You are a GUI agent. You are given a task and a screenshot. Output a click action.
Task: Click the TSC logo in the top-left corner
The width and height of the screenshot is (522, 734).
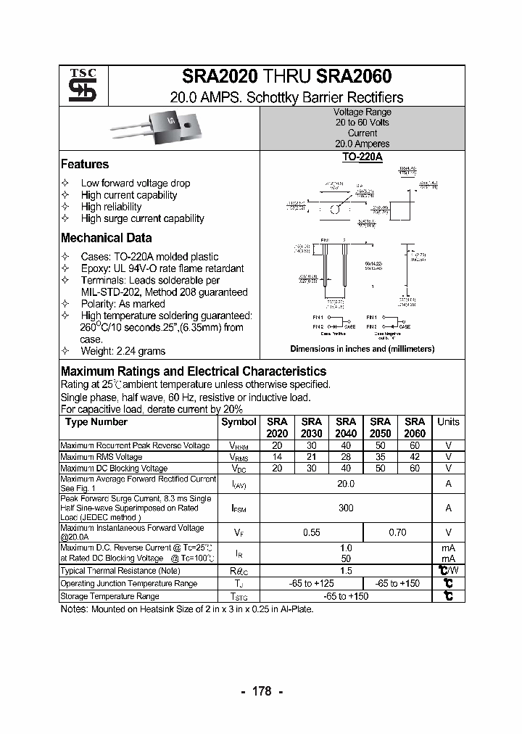(78, 86)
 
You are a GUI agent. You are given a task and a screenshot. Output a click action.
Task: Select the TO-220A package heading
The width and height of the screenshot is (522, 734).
(362, 156)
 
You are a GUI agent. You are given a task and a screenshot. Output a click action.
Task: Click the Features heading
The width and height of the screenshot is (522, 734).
(85, 165)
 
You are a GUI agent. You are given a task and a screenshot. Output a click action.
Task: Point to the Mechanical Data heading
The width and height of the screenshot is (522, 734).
(107, 238)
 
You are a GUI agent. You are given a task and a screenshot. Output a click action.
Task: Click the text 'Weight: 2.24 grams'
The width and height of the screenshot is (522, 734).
(123, 351)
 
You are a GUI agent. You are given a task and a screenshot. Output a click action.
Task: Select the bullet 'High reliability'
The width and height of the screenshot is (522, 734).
(111, 207)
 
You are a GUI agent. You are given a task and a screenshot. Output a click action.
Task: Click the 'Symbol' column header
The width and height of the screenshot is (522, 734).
(239, 422)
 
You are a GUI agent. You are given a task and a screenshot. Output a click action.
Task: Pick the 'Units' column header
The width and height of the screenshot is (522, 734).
(448, 422)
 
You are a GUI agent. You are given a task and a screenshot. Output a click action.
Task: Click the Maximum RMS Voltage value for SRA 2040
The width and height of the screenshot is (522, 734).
(346, 457)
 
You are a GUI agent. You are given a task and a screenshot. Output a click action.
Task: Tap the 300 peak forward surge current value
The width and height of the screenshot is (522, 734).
(346, 508)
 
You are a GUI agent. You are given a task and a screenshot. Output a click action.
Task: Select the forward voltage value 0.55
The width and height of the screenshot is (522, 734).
(311, 532)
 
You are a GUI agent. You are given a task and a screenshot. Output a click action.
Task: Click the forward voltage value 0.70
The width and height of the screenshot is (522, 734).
(397, 532)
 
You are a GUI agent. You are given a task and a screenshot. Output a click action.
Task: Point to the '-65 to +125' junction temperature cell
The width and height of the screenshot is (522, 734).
(311, 583)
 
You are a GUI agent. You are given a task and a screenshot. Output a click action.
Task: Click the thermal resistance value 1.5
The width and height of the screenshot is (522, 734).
(346, 571)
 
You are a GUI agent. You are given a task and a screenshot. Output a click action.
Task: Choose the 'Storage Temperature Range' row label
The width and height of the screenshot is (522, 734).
(109, 596)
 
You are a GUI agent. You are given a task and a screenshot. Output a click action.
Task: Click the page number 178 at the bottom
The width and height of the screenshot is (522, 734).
(261, 691)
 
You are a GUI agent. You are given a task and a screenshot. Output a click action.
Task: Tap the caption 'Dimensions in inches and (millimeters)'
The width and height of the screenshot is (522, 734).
(362, 349)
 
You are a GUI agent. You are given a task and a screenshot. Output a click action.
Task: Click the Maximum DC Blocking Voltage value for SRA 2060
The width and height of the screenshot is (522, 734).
(414, 469)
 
